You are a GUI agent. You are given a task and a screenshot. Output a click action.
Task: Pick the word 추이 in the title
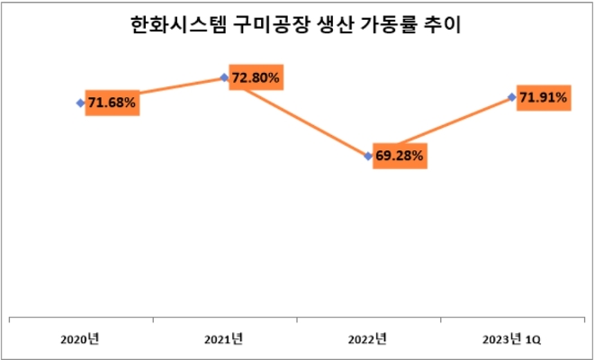(x=442, y=26)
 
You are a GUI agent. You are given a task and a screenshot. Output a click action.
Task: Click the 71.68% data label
(x=112, y=103)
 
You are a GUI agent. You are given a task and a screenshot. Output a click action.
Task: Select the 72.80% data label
(x=255, y=77)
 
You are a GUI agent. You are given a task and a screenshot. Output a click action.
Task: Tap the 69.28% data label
(x=400, y=156)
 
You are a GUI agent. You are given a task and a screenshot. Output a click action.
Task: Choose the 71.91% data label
(x=543, y=97)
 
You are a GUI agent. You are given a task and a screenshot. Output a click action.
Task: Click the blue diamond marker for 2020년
(x=80, y=103)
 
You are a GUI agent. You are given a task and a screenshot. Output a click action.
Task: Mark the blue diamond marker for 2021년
(x=224, y=76)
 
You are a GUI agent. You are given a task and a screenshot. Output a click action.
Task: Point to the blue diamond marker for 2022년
(x=368, y=156)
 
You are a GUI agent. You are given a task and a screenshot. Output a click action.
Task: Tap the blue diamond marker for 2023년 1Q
(x=512, y=97)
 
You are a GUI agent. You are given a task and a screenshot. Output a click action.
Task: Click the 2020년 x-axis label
(x=80, y=339)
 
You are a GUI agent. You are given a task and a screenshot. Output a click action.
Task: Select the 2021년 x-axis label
(x=224, y=339)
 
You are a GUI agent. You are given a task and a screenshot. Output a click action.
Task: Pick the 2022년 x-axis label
(x=367, y=339)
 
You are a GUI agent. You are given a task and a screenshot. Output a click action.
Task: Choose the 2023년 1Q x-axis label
(x=512, y=339)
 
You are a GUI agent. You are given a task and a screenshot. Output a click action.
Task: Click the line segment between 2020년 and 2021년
(x=180, y=85)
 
